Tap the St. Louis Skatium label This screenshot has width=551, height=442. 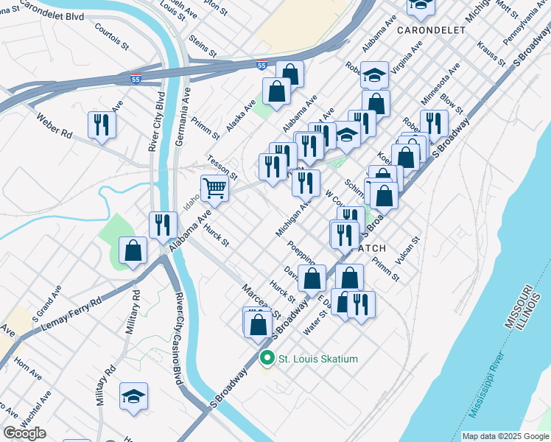[x=317, y=359]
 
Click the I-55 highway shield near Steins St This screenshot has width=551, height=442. [x=262, y=66]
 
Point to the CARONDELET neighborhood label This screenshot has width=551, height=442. [x=431, y=30]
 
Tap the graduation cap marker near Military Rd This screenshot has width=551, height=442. [x=133, y=396]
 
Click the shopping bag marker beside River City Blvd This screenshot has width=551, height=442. [x=133, y=250]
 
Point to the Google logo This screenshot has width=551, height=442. [x=24, y=433]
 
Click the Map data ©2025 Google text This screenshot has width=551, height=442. [x=505, y=436]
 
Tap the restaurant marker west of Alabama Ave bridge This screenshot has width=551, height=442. [x=163, y=225]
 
